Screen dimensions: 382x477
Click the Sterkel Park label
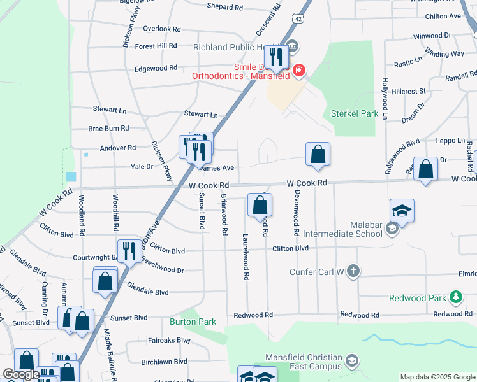[355, 114]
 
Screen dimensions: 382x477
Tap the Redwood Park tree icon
[455, 297]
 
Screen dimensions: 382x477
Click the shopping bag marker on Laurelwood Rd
[260, 205]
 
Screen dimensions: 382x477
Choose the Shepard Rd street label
[225, 7]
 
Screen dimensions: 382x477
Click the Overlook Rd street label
[162, 29]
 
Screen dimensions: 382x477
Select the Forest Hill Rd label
[156, 46]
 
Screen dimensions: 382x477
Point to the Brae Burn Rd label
[108, 128]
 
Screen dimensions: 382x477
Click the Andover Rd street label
[118, 148]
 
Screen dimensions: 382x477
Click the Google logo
[21, 374]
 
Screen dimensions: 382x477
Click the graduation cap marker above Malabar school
[402, 211]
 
